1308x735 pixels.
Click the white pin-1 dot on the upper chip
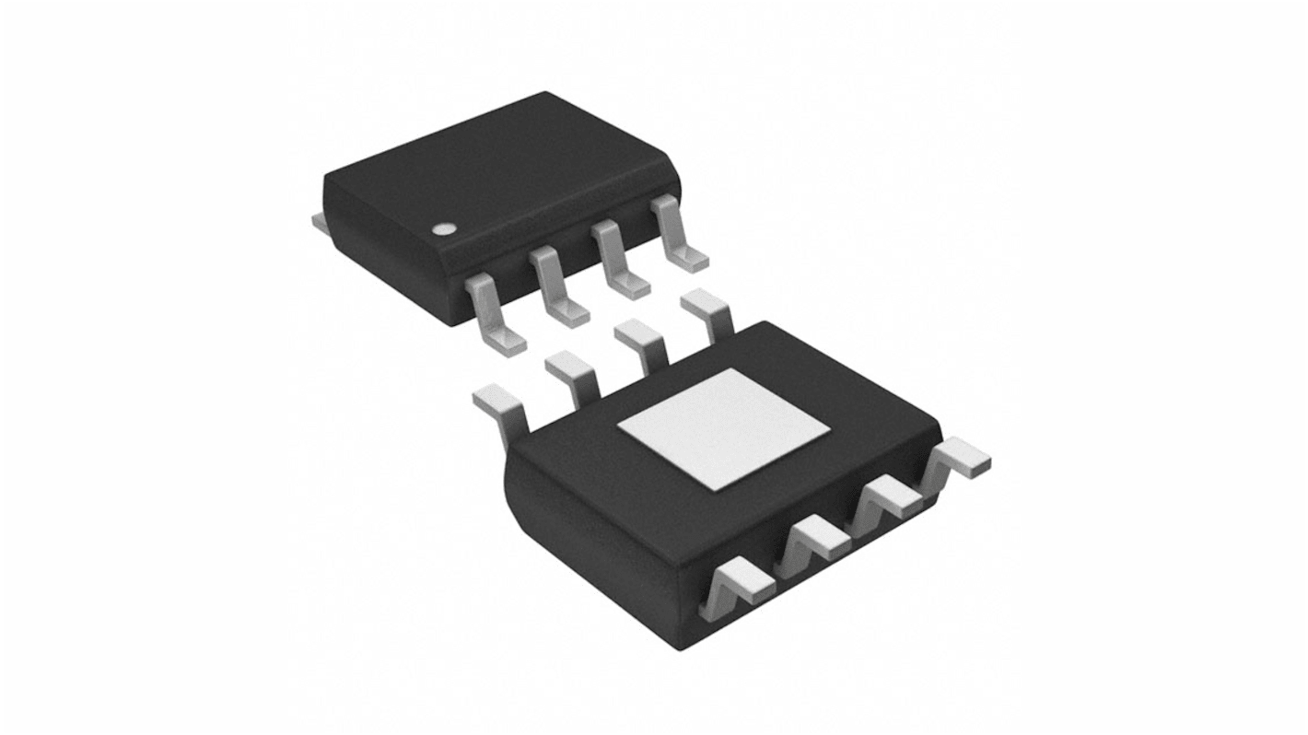[x=445, y=230]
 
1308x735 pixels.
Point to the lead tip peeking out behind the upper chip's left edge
[x=317, y=221]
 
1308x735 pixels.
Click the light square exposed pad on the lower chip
[x=723, y=427]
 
